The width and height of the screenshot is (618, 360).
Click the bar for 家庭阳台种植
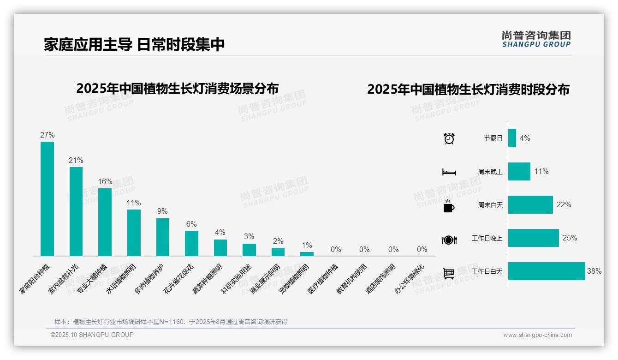(x=47, y=198)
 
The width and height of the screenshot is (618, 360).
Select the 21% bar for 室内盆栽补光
(x=76, y=211)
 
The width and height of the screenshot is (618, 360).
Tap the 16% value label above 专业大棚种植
(x=105, y=181)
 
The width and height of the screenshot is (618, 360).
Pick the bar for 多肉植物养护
(x=163, y=237)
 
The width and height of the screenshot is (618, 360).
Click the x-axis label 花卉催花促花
(x=179, y=279)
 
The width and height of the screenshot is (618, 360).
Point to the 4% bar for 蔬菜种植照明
(x=220, y=247)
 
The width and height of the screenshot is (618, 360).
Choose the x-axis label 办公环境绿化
(x=409, y=279)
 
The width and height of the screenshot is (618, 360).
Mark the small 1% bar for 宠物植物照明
(x=307, y=254)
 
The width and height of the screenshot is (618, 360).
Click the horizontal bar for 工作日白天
(x=547, y=271)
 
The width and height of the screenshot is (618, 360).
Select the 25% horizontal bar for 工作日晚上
(x=534, y=238)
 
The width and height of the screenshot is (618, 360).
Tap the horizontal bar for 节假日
(x=512, y=138)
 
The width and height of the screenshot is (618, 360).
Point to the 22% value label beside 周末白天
(x=564, y=205)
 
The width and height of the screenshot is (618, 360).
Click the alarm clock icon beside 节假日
(x=449, y=138)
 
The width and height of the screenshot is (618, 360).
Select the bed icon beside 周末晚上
(x=449, y=172)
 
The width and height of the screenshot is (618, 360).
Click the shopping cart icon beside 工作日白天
(x=449, y=273)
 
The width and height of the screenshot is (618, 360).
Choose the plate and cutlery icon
(x=449, y=240)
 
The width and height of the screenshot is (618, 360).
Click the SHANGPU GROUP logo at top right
(x=536, y=39)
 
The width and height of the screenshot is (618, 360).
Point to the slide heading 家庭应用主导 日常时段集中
(x=134, y=45)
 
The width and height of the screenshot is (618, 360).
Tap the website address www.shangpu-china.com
(x=537, y=335)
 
